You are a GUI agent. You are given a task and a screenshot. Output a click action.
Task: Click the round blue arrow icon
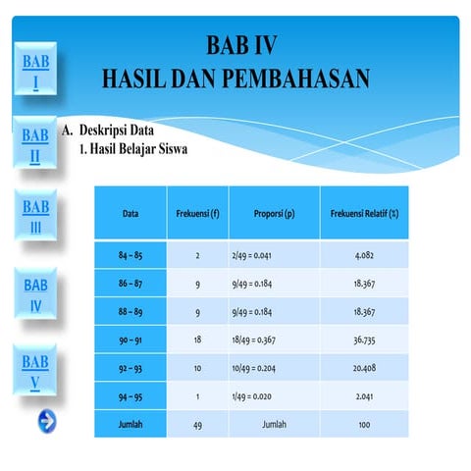click(46, 421)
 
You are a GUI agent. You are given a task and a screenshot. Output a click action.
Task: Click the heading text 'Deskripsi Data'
click(117, 131)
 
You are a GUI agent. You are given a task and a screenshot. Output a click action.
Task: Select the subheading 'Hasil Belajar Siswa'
click(138, 150)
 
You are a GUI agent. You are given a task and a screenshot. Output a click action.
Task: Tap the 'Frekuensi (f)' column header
click(197, 213)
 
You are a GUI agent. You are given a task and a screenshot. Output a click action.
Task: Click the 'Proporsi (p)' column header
click(274, 213)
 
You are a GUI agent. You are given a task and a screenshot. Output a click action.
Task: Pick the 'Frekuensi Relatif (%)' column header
click(370, 213)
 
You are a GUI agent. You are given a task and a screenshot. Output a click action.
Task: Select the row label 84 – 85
click(131, 256)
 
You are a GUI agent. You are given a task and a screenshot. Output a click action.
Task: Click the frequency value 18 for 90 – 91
click(197, 340)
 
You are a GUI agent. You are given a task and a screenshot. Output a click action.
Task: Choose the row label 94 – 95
click(131, 396)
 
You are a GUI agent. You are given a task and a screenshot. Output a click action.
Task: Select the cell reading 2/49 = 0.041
click(257, 256)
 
